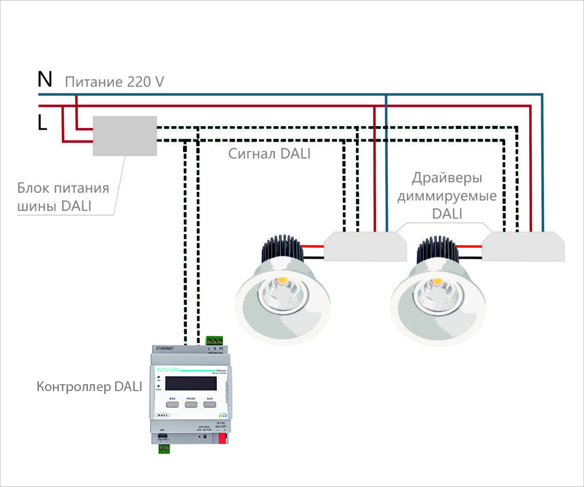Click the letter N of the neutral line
click(x=45, y=79)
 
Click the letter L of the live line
click(x=42, y=123)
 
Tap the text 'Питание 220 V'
click(x=114, y=82)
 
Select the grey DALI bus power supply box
click(x=125, y=136)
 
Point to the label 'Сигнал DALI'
click(x=269, y=154)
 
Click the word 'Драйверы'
click(x=447, y=178)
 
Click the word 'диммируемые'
click(x=447, y=196)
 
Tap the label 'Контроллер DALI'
click(x=89, y=387)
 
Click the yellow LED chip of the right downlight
click(x=437, y=282)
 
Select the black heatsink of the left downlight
click(x=280, y=250)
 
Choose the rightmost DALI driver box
click(x=524, y=246)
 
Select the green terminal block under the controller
click(x=165, y=449)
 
